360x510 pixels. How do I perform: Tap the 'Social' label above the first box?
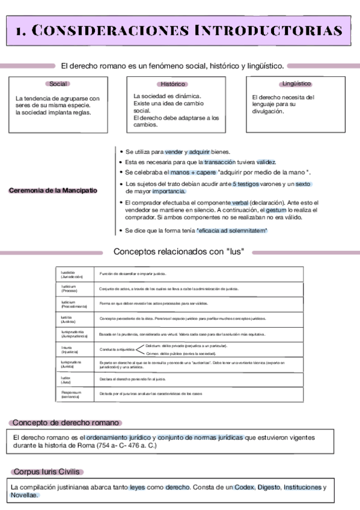point(58,84)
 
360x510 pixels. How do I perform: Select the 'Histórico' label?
point(173,84)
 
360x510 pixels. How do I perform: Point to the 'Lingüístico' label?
point(296,84)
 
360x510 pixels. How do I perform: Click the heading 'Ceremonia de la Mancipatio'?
point(53,191)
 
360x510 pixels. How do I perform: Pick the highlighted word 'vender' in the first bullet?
point(174,152)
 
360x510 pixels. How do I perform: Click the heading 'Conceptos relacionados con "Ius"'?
point(178,251)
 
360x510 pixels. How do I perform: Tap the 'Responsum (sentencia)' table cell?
point(73,394)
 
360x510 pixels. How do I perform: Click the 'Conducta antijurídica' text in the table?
point(117,349)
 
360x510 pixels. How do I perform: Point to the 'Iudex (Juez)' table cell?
point(70,379)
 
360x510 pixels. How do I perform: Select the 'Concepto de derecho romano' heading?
point(66,423)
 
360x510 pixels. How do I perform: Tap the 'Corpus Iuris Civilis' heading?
point(48,472)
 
